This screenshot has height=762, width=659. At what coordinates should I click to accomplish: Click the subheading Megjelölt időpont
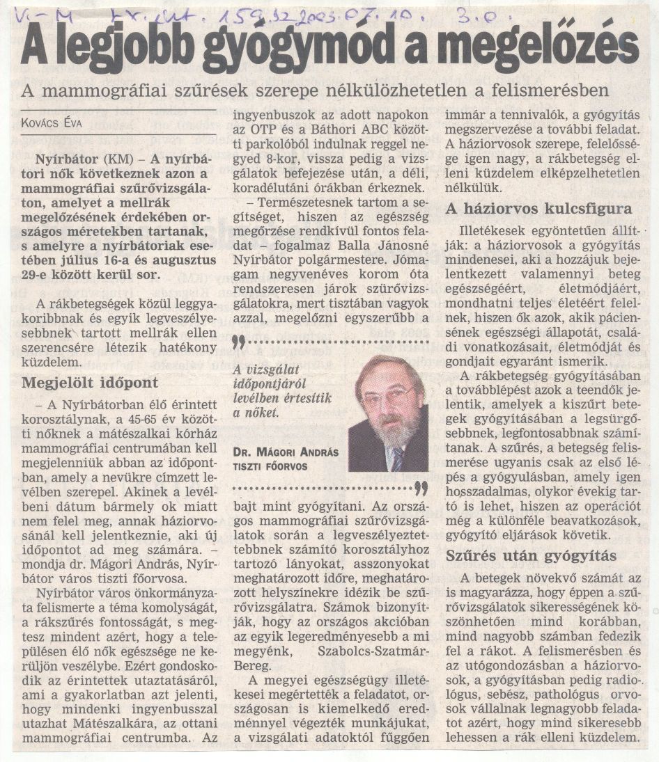(x=90, y=383)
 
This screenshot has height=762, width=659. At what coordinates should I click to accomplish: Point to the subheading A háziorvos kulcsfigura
(x=538, y=209)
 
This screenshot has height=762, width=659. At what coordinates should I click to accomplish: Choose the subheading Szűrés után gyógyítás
(x=530, y=556)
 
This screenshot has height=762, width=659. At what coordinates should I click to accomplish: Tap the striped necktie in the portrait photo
(x=396, y=459)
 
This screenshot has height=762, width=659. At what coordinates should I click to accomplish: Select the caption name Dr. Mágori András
(x=286, y=452)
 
